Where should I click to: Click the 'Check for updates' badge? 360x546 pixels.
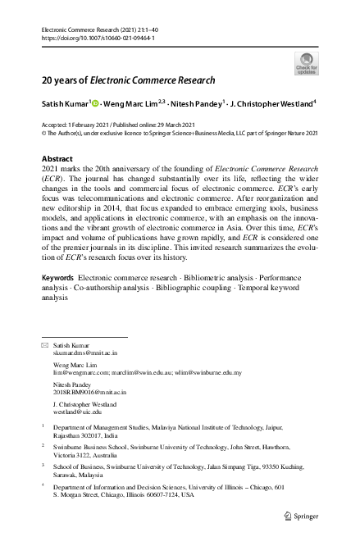(x=306, y=63)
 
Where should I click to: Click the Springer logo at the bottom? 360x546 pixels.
(x=300, y=516)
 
